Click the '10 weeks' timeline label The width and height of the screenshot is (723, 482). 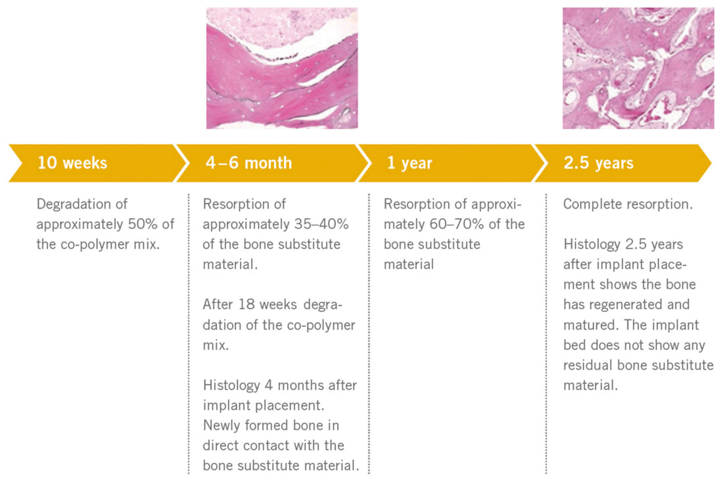[73, 163]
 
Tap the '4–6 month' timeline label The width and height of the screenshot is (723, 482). [249, 163]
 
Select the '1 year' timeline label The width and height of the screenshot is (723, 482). [409, 163]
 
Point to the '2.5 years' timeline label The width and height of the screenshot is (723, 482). [599, 163]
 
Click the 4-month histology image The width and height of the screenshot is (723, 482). [282, 68]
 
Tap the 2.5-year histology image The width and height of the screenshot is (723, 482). [638, 68]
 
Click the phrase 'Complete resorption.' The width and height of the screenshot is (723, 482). [628, 204]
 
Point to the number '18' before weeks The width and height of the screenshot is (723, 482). [245, 305]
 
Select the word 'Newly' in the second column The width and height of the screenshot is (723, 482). [221, 426]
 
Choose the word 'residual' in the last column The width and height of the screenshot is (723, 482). [588, 365]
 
